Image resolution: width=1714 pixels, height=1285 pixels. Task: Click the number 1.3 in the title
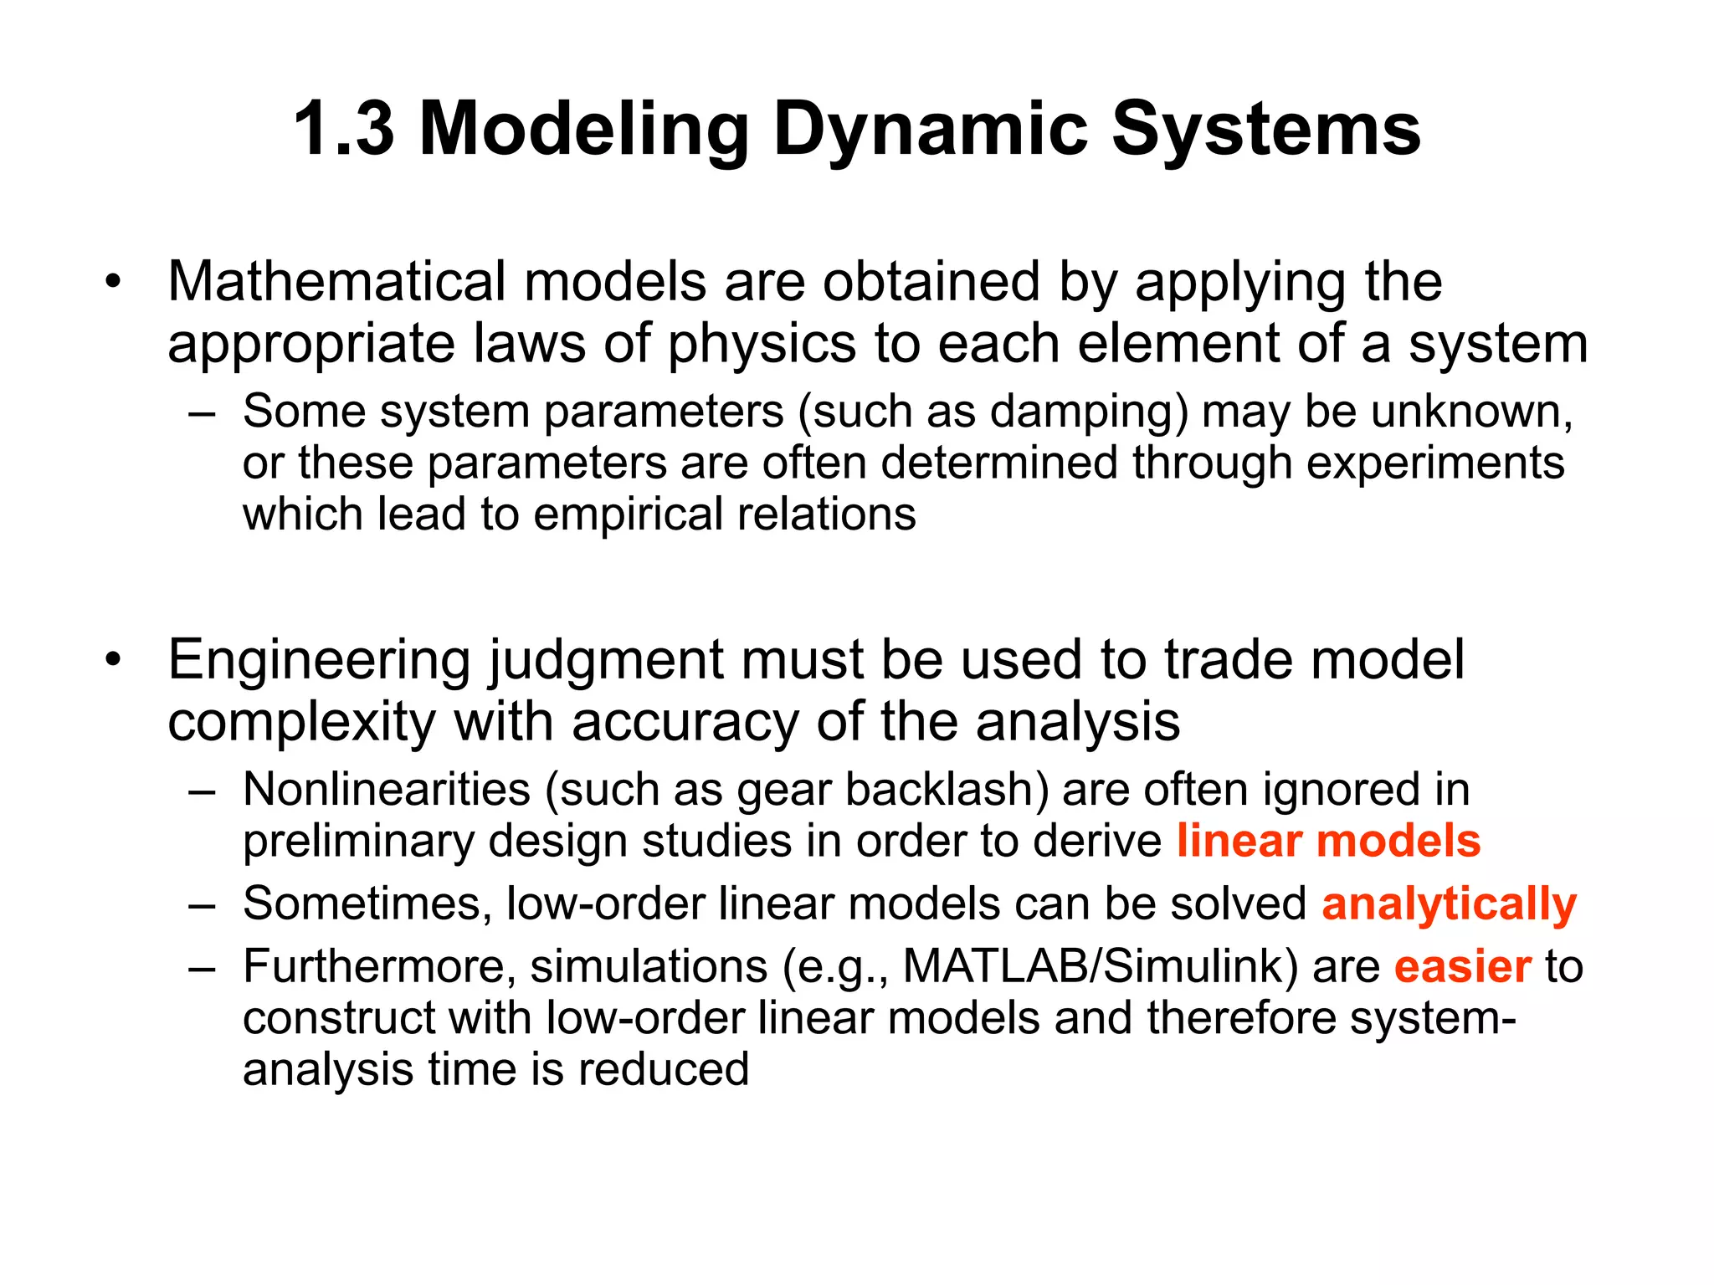343,130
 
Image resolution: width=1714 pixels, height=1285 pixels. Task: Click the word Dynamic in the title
930,130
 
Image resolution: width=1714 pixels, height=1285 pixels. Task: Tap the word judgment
604,661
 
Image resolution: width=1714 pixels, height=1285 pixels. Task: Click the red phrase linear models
1328,841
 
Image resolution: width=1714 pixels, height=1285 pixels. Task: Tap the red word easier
1462,967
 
